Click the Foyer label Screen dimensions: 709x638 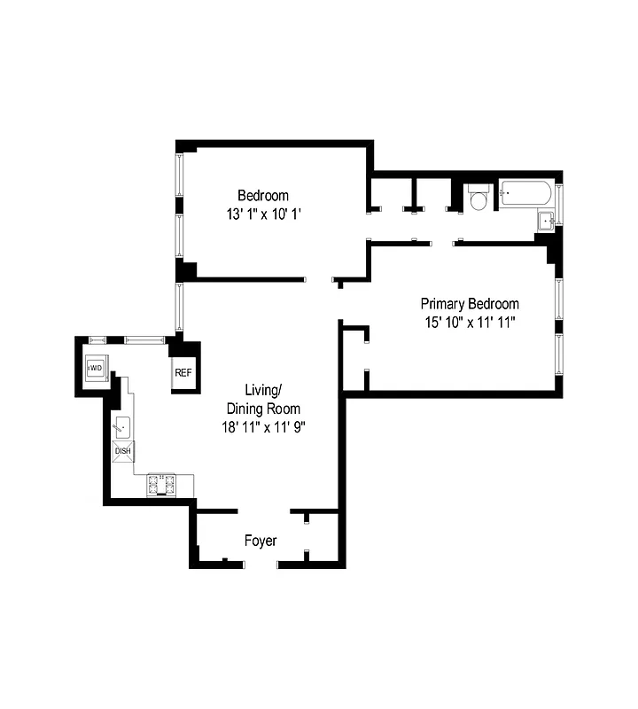(261, 541)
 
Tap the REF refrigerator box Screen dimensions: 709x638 (183, 372)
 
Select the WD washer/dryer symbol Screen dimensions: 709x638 (95, 367)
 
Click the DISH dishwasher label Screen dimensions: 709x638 (122, 450)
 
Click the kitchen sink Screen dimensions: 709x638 (121, 426)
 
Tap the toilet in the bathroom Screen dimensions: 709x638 (478, 198)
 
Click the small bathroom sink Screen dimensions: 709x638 (546, 220)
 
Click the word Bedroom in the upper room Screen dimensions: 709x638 (262, 196)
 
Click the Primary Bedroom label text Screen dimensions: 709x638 (470, 303)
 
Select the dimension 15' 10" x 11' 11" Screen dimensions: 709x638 (470, 321)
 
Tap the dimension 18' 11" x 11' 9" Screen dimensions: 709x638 (263, 426)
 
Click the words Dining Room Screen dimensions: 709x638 (263, 409)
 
